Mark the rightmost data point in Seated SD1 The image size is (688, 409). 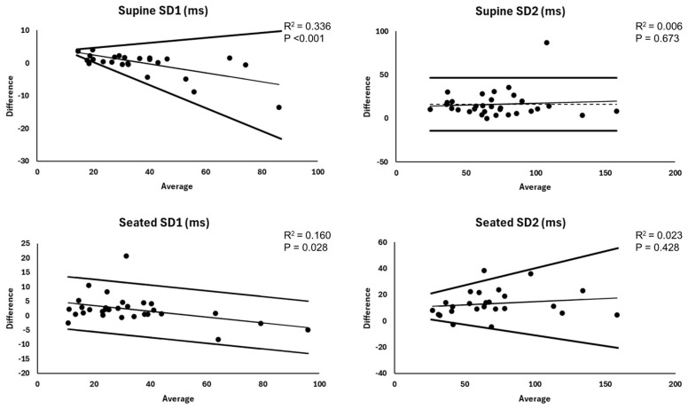308,330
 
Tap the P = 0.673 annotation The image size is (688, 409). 655,40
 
